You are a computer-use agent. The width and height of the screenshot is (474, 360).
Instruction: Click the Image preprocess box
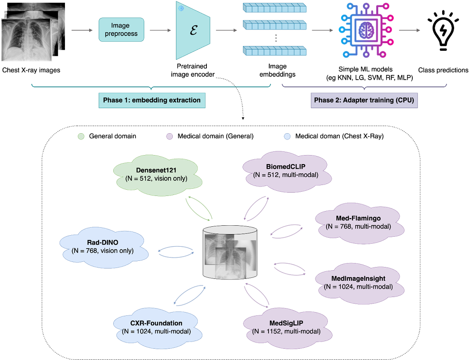point(120,30)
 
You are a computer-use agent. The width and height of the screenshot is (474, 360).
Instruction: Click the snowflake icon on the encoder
point(180,9)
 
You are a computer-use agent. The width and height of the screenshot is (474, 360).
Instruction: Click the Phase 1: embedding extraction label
point(152,101)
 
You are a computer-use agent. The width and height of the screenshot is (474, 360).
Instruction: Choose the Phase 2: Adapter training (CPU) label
point(364,101)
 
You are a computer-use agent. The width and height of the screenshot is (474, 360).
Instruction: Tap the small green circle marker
point(82,137)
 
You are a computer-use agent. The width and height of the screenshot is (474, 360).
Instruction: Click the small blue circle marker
point(287,137)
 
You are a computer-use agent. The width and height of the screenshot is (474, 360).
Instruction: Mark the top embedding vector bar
point(274,8)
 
